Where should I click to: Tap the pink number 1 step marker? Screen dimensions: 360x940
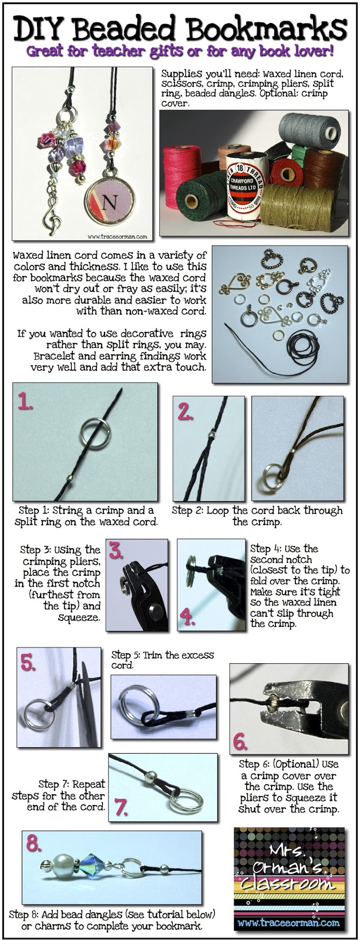25,403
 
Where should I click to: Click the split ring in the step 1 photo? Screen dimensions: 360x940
96,432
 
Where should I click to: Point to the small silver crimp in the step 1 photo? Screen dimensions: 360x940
70,478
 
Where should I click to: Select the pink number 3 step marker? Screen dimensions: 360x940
116,550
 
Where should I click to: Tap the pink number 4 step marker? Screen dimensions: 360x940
187,617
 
